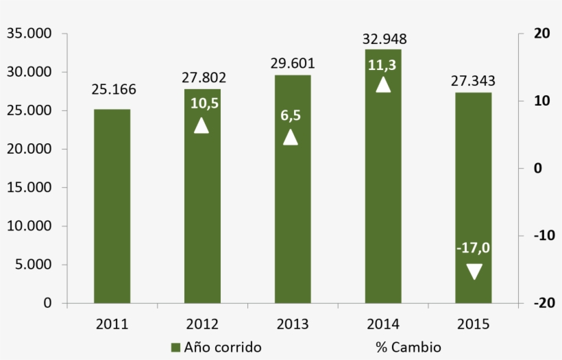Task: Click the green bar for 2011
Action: click(x=112, y=206)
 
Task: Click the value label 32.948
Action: click(x=383, y=38)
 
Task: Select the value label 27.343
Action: click(x=473, y=82)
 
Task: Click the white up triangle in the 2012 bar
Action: click(x=201, y=125)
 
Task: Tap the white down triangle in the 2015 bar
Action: click(x=474, y=272)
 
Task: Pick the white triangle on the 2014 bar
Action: click(x=383, y=84)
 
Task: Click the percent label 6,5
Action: click(x=291, y=116)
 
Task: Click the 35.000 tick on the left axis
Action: click(x=29, y=34)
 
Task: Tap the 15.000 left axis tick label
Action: click(x=29, y=187)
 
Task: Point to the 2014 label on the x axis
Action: click(x=383, y=324)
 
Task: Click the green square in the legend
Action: click(x=175, y=347)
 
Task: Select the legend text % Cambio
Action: click(x=408, y=347)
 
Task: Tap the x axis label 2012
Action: click(x=202, y=324)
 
